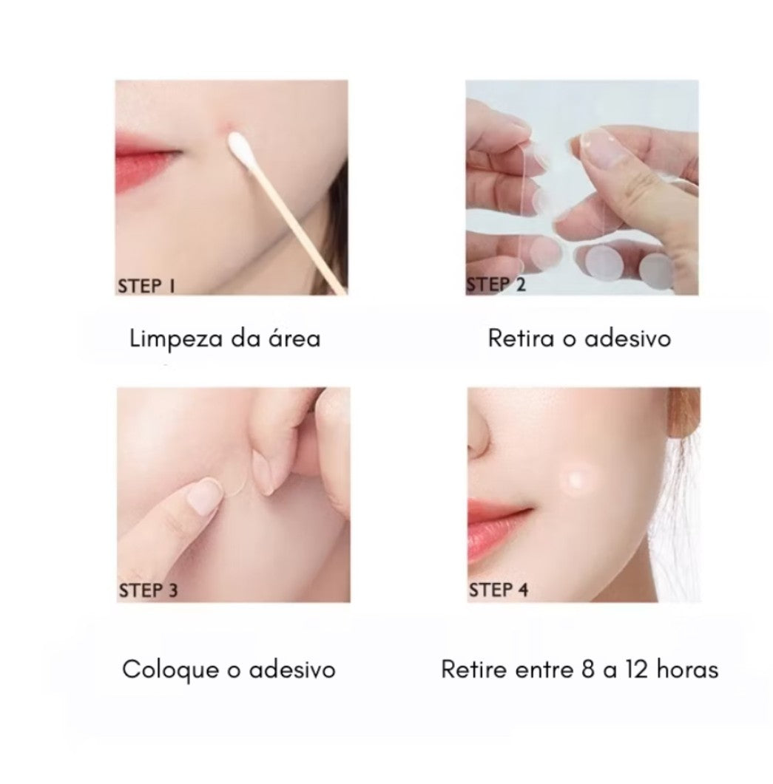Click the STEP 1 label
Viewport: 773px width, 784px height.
coord(146,286)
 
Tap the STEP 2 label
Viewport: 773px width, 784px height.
coord(496,284)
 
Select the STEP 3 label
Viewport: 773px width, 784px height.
coord(148,590)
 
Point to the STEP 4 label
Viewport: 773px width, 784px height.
coord(499,590)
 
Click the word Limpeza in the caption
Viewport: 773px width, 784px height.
coord(176,339)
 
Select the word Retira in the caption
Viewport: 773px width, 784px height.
coord(521,338)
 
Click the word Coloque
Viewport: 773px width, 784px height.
coord(170,670)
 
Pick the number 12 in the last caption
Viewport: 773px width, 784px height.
coord(636,669)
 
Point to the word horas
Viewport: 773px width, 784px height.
coord(687,669)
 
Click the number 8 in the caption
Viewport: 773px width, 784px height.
coord(588,669)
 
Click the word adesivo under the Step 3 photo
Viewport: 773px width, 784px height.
coord(292,669)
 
